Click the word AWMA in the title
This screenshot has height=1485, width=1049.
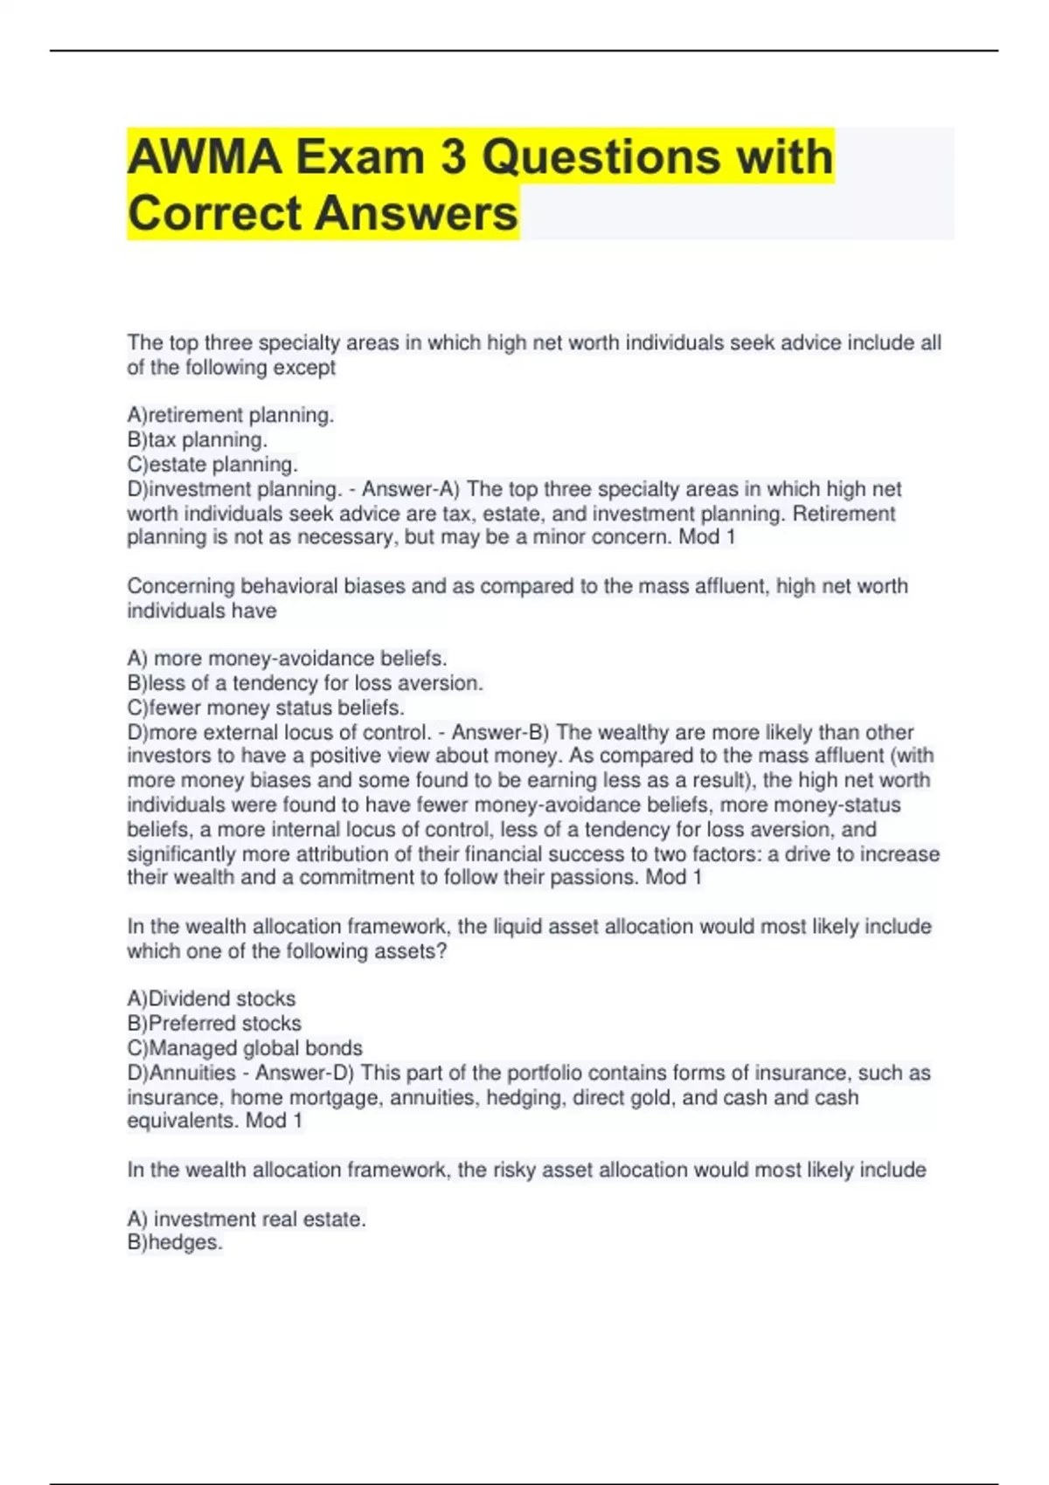click(x=205, y=157)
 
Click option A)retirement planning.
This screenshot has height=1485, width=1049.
click(x=231, y=415)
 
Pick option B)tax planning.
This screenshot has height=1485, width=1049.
click(x=198, y=439)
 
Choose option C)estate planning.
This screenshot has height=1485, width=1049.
click(x=212, y=464)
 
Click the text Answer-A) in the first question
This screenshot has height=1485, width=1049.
click(x=411, y=488)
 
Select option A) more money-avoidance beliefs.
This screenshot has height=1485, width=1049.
click(x=287, y=658)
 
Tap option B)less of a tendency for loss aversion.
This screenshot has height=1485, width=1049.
click(x=305, y=682)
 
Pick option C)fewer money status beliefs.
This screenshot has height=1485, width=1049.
click(x=266, y=707)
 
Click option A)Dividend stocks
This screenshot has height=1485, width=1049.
click(x=212, y=998)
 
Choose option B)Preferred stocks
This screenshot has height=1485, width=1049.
click(x=214, y=1023)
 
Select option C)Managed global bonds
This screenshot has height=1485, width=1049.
click(x=245, y=1047)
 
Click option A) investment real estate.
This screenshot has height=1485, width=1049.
click(x=247, y=1219)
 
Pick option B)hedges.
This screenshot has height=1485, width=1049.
click(x=175, y=1242)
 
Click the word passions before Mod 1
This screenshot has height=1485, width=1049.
click(x=594, y=877)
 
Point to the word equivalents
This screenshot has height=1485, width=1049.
click(x=183, y=1121)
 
